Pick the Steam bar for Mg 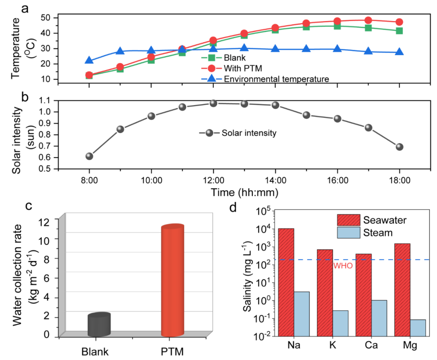pos(418,328)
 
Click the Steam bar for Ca pos(379,318)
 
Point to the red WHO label pos(343,266)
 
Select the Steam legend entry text pos(379,233)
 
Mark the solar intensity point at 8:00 pos(89,156)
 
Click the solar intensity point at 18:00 pos(399,147)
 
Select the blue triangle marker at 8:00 pos(89,61)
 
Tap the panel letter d pos(233,208)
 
